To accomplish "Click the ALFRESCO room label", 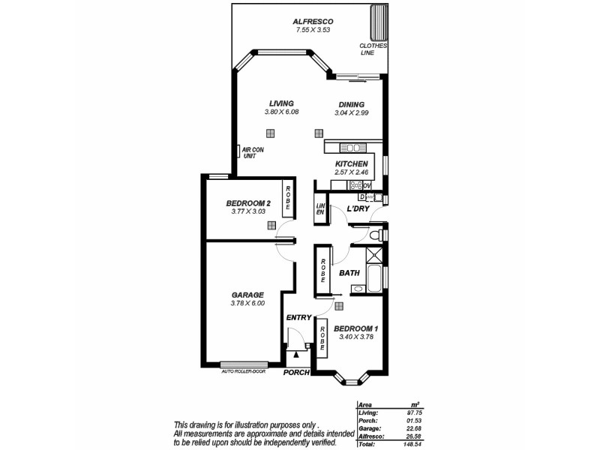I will pyautogui.click(x=313, y=21).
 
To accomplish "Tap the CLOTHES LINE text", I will pyautogui.click(x=373, y=49).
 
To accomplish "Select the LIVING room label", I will pyautogui.click(x=281, y=103).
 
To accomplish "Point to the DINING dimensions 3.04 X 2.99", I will pyautogui.click(x=351, y=113).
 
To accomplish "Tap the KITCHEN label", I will pyautogui.click(x=351, y=164).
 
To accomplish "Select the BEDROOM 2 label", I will pyautogui.click(x=248, y=203).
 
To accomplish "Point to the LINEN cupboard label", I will pyautogui.click(x=319, y=209).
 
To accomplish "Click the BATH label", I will pyautogui.click(x=349, y=273).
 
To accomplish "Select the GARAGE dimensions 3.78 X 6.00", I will pyautogui.click(x=247, y=304).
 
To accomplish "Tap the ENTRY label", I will pyautogui.click(x=298, y=317).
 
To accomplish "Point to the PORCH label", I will pyautogui.click(x=297, y=373).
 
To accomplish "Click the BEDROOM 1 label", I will pyautogui.click(x=355, y=328).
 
